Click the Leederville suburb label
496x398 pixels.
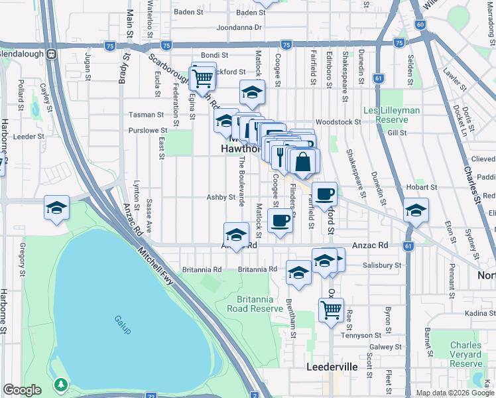tap(332, 367)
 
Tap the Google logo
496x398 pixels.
tap(23, 390)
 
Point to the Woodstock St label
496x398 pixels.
tap(338, 122)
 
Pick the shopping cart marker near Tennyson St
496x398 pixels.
tap(331, 308)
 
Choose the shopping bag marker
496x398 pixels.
tap(302, 161)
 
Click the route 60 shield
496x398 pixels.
tap(420, 25)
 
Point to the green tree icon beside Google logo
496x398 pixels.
tap(61, 384)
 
